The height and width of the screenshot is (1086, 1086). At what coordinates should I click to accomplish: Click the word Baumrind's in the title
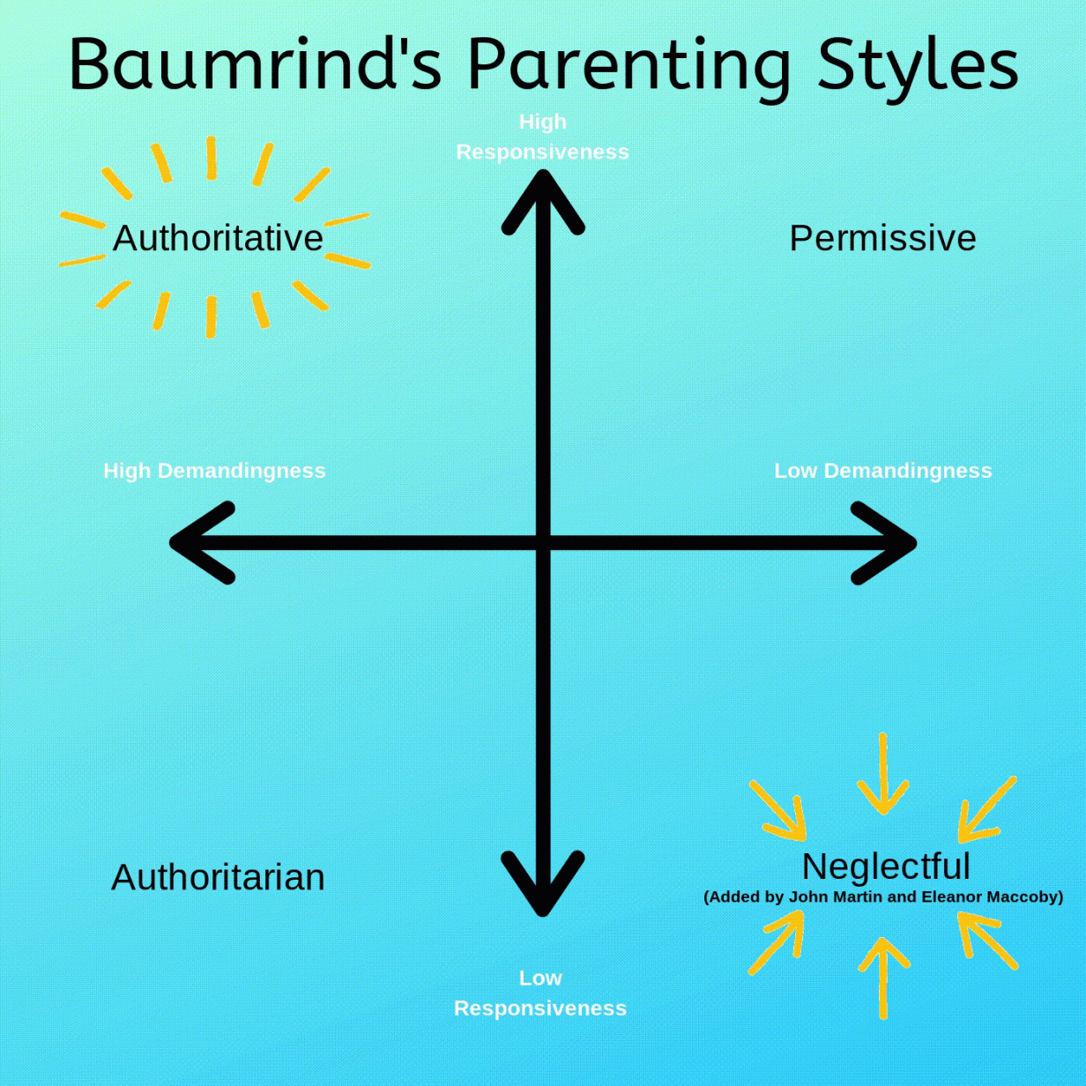click(256, 65)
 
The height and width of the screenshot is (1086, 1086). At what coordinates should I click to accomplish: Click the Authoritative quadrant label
click(218, 239)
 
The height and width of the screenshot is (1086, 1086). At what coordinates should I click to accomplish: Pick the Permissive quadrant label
click(882, 239)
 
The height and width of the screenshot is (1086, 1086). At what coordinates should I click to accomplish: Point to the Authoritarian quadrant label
click(218, 878)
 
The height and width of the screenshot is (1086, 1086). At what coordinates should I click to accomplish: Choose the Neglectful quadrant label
click(886, 867)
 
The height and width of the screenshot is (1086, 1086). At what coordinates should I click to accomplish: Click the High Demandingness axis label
click(214, 471)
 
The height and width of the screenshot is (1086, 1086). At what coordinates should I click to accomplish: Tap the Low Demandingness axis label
click(882, 471)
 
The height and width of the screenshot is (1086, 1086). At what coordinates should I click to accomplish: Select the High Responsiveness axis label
click(542, 137)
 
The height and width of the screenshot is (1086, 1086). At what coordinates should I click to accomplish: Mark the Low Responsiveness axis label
click(540, 993)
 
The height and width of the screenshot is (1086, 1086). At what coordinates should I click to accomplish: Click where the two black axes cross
click(543, 543)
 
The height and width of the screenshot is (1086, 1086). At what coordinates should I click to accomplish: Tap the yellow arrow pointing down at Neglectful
click(882, 776)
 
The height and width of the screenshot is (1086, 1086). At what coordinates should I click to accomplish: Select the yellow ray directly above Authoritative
click(212, 159)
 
